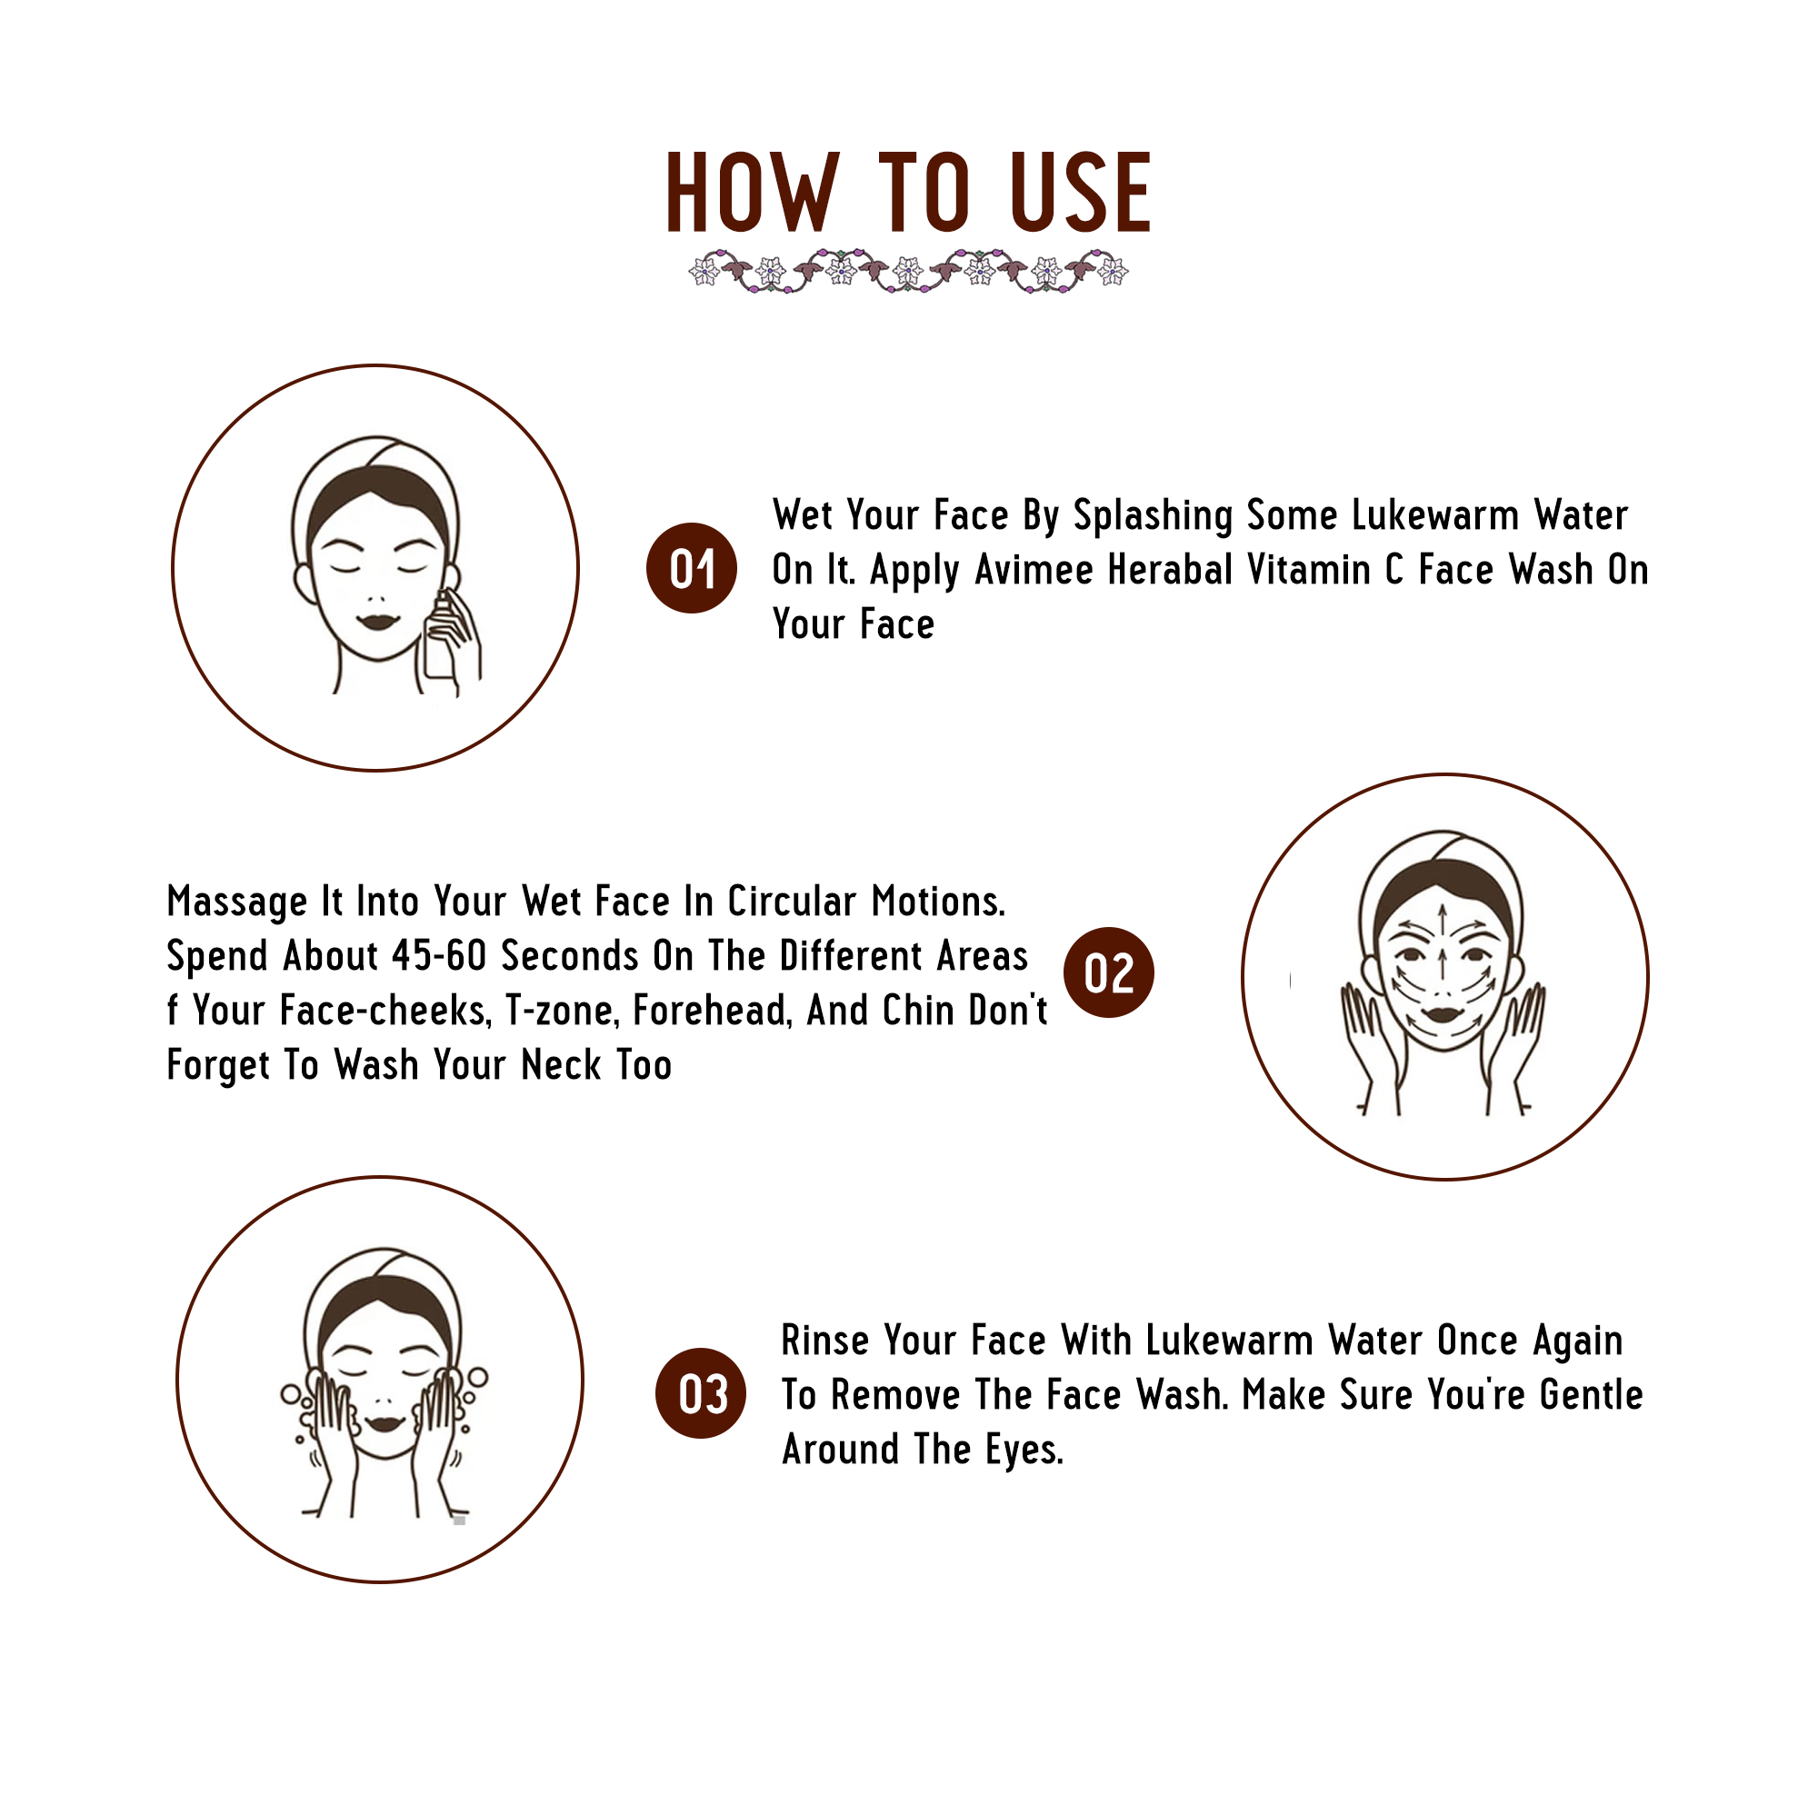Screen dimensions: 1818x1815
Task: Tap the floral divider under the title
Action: click(x=908, y=272)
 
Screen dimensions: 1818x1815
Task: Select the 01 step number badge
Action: click(x=692, y=568)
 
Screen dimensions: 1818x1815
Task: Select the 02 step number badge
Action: click(x=1108, y=972)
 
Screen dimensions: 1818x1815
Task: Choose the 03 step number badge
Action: click(x=700, y=1393)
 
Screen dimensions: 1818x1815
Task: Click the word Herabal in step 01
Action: click(x=1170, y=570)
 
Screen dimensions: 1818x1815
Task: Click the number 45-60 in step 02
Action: click(x=439, y=956)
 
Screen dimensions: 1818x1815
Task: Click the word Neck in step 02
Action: click(x=562, y=1066)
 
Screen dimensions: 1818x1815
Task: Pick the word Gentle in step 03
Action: click(x=1592, y=1395)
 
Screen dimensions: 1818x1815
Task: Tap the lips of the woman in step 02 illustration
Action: click(x=1441, y=1015)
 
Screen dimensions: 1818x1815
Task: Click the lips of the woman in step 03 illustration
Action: click(x=383, y=1422)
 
